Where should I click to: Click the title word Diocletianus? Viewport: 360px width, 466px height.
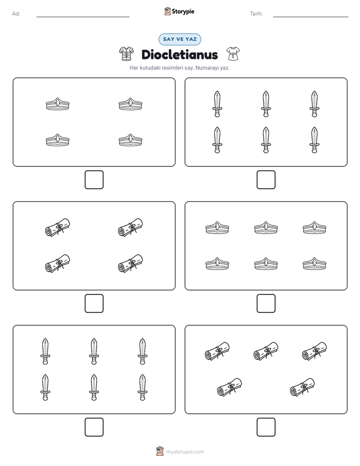coord(179,54)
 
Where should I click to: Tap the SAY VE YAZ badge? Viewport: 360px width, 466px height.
coord(179,39)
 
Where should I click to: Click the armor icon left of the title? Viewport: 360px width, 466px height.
coord(127,54)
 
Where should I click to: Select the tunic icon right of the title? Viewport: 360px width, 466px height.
coord(233,54)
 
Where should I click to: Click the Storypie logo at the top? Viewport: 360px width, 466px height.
coord(179,11)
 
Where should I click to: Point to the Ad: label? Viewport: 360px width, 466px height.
coord(16,14)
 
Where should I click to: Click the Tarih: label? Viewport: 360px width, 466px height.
coord(256,14)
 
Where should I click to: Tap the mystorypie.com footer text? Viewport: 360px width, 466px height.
coord(185,452)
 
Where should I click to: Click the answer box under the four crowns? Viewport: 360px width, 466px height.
coord(94,180)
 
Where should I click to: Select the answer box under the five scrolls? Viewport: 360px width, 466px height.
coord(266,427)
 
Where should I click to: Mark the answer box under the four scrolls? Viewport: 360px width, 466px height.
coord(94,304)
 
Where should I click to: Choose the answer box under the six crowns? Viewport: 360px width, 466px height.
coord(266,304)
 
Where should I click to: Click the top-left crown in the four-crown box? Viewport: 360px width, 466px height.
coord(57,104)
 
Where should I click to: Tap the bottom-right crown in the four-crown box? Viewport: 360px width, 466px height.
coord(131,140)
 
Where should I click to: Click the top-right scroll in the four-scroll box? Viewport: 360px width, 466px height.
coord(131,227)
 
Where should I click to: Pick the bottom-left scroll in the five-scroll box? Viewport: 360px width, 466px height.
coord(229,387)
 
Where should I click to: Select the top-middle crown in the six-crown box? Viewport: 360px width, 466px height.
coord(266,228)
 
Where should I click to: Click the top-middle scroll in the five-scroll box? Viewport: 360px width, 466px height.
coord(266,351)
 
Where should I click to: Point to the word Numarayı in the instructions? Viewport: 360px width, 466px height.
coord(205,68)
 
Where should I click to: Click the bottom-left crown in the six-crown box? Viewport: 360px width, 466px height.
coord(217,264)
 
